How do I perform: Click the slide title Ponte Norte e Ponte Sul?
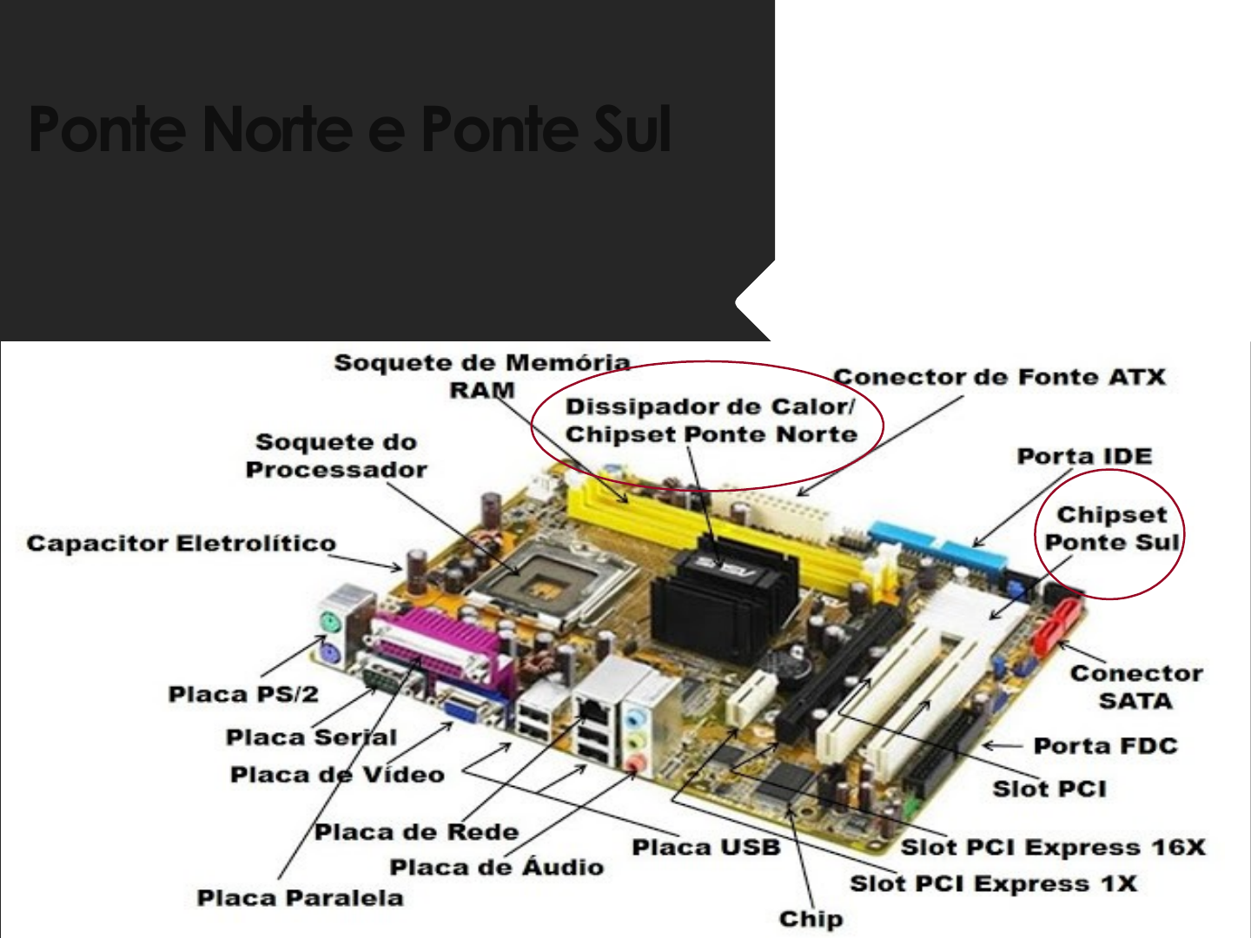pyautogui.click(x=349, y=129)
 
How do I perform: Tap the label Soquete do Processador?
pyautogui.click(x=336, y=456)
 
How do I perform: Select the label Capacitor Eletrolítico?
pyautogui.click(x=181, y=544)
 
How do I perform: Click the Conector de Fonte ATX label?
pyautogui.click(x=999, y=377)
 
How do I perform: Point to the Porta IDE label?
pyautogui.click(x=1084, y=457)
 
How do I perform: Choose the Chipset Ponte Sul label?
pyautogui.click(x=1111, y=528)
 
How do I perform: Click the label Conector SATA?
pyautogui.click(x=1135, y=686)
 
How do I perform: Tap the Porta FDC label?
pyautogui.click(x=1105, y=746)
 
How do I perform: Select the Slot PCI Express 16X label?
pyautogui.click(x=1053, y=848)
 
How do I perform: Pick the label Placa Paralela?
pyautogui.click(x=300, y=898)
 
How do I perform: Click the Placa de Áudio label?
pyautogui.click(x=496, y=867)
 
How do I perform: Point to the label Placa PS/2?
pyautogui.click(x=243, y=694)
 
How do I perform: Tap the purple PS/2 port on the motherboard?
pyautogui.click(x=328, y=652)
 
